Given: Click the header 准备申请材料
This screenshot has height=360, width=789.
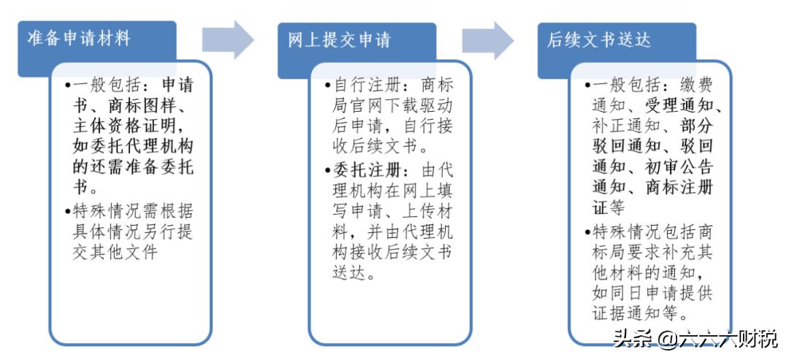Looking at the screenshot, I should [78, 38].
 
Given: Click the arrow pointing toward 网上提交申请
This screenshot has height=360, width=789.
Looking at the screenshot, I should [227, 39].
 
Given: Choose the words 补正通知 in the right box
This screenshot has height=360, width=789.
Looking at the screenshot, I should [618, 125].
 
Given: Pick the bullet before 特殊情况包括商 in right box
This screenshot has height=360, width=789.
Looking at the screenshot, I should [589, 231].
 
